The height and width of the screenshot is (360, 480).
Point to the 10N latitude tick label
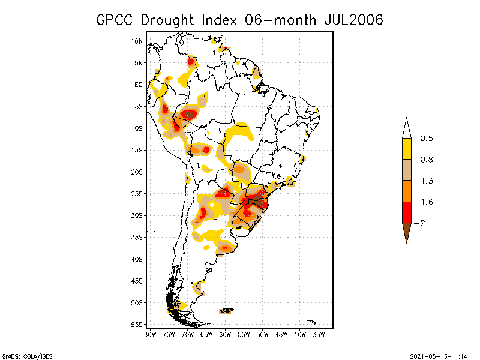coord(137,41)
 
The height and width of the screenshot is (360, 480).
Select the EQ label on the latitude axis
coord(139,85)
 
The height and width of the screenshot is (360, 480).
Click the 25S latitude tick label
coord(137,194)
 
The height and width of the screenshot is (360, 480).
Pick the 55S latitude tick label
coord(137,325)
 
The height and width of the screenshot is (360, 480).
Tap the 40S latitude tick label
coord(137,259)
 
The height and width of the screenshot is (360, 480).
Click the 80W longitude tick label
coord(150,334)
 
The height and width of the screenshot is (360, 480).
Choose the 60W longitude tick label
coord(225,334)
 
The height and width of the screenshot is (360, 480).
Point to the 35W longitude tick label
coord(319,334)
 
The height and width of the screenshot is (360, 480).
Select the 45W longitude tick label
coord(281,334)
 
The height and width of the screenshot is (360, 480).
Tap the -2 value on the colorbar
coord(421,223)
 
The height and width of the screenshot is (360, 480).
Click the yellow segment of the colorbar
coord(407,149)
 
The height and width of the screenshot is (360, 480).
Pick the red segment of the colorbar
coord(407,212)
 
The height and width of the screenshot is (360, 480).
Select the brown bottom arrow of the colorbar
coord(407,232)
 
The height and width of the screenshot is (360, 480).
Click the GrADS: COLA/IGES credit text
coord(23,356)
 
